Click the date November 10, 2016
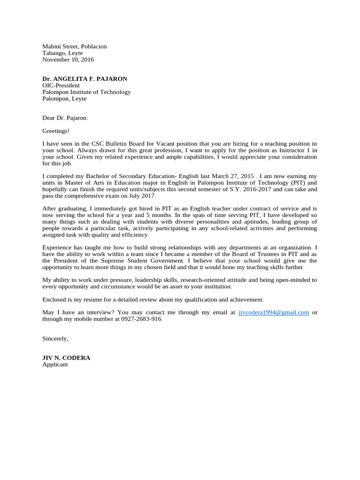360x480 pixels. pos(68,60)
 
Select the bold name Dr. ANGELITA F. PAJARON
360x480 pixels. pos(84,79)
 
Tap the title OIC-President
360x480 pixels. pos(61,85)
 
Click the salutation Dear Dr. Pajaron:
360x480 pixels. pos(65,118)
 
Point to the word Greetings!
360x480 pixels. pos(56,131)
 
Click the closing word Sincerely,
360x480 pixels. pos(55,338)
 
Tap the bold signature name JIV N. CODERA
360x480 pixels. pos(66,358)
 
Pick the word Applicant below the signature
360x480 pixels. pos(55,364)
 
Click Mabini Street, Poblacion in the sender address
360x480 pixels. pos(75,46)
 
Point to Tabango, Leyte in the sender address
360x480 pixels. pos(62,53)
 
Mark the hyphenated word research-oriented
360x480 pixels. pos(208,280)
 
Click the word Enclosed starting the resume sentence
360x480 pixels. pos(54,299)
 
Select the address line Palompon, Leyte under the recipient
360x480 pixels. pos(64,98)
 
